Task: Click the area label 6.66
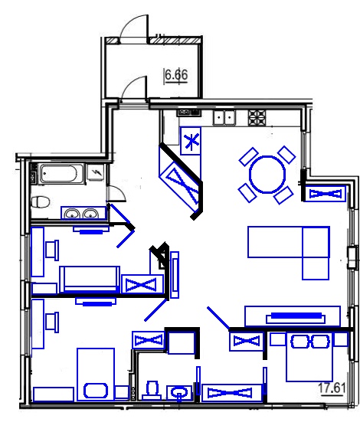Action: point(176,75)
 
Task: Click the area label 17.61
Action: point(332,388)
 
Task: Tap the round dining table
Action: point(267,174)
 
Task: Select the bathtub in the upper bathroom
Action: point(61,174)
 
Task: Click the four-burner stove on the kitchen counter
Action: point(257,118)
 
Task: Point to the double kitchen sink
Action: point(224,118)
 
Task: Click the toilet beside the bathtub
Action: point(41,203)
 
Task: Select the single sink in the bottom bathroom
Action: point(178,393)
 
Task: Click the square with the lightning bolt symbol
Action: point(95,172)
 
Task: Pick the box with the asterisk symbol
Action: point(190,141)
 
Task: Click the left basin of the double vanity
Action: point(72,214)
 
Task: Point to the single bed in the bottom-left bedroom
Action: point(96,374)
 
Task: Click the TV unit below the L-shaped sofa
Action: point(293,316)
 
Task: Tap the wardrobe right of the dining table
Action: point(326,194)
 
